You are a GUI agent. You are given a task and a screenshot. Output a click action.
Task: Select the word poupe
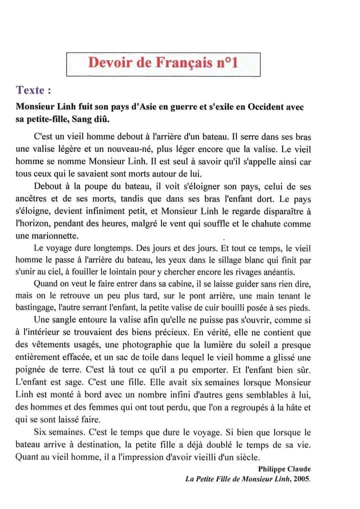[96, 187]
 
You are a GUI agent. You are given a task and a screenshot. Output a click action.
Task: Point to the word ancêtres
[34, 199]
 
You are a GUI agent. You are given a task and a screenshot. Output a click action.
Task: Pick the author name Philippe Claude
[284, 469]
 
